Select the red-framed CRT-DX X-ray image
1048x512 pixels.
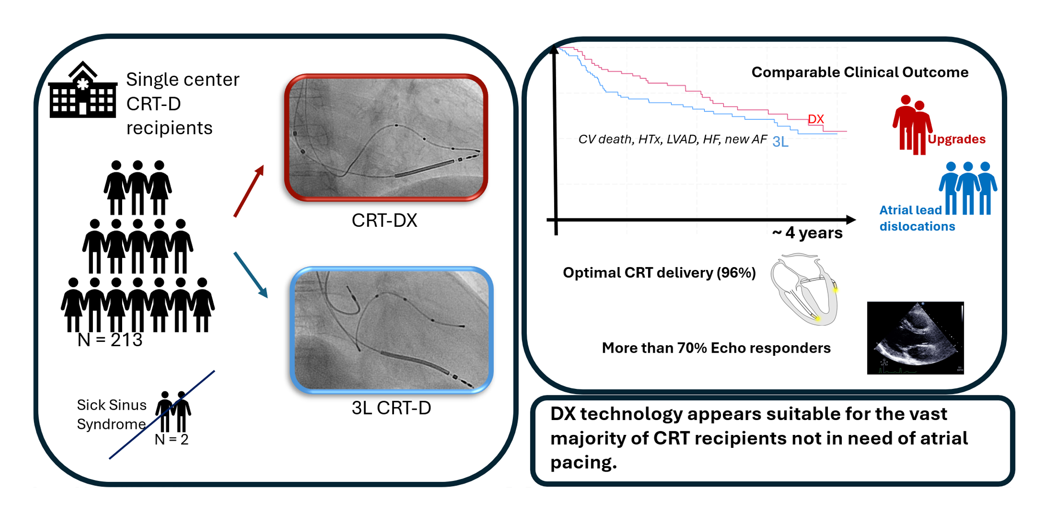point(386,138)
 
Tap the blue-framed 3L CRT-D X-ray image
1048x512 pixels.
point(392,330)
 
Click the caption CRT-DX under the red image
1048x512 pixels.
point(384,220)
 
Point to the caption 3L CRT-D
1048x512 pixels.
point(391,408)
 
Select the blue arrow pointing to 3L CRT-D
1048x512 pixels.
point(251,275)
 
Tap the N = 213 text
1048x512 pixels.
point(110,340)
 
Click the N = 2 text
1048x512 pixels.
point(171,440)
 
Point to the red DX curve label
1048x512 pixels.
point(816,119)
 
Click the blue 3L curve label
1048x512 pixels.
point(780,142)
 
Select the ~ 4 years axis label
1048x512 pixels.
point(807,233)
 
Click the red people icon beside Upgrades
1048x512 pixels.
point(912,125)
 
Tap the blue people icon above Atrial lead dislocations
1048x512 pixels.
point(968,188)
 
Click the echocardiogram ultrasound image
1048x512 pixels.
point(916,338)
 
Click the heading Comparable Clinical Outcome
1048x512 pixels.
point(860,72)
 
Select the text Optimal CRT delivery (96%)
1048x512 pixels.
point(659,273)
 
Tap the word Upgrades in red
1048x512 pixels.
point(956,139)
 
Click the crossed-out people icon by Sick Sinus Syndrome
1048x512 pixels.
point(173,412)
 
